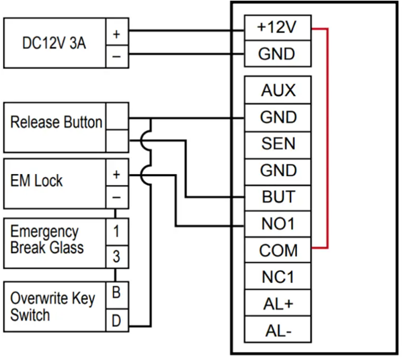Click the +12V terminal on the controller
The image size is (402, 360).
278,28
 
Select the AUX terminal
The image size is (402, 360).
278,90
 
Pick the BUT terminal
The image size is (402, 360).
278,198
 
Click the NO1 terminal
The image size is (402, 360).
278,224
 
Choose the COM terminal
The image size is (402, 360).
278,250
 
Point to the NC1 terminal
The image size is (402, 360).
278,276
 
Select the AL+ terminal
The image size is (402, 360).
278,303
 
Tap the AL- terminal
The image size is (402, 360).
278,329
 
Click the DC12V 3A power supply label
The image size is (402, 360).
54,43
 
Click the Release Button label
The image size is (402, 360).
56,122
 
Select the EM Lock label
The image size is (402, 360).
36,181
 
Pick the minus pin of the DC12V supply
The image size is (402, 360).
117,56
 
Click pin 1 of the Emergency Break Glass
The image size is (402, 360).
117,232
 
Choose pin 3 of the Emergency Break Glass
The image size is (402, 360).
117,257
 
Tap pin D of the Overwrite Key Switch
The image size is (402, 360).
117,320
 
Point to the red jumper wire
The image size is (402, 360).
327,138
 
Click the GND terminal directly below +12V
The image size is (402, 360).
278,54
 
